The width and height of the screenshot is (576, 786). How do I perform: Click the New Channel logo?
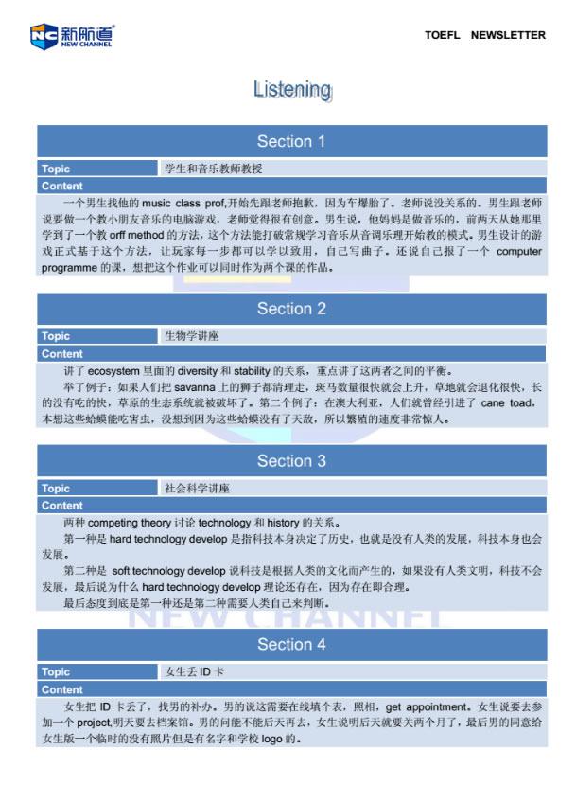pyautogui.click(x=72, y=36)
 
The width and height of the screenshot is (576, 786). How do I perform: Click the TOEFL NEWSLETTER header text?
pyautogui.click(x=484, y=35)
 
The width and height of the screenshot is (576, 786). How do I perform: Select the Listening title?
pyautogui.click(x=292, y=90)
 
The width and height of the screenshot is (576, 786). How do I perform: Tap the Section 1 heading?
pyautogui.click(x=291, y=142)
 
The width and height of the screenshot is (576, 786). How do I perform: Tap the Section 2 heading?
pyautogui.click(x=291, y=309)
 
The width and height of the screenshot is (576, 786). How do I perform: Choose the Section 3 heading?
pyautogui.click(x=291, y=461)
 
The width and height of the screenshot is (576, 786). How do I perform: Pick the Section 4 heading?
pyautogui.click(x=291, y=645)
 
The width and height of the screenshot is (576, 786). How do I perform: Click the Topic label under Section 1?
pyautogui.click(x=56, y=170)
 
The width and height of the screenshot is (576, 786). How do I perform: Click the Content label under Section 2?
pyautogui.click(x=62, y=354)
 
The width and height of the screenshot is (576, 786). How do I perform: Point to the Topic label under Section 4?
pyautogui.click(x=56, y=672)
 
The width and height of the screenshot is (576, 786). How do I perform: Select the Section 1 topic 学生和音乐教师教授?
pyautogui.click(x=214, y=170)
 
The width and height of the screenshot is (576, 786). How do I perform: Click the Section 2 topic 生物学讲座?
pyautogui.click(x=192, y=336)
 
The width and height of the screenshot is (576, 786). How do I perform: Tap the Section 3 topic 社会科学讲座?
pyautogui.click(x=198, y=489)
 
